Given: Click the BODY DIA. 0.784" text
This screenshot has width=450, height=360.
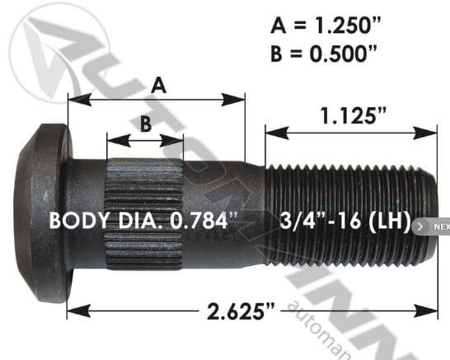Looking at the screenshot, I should click(x=143, y=221).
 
